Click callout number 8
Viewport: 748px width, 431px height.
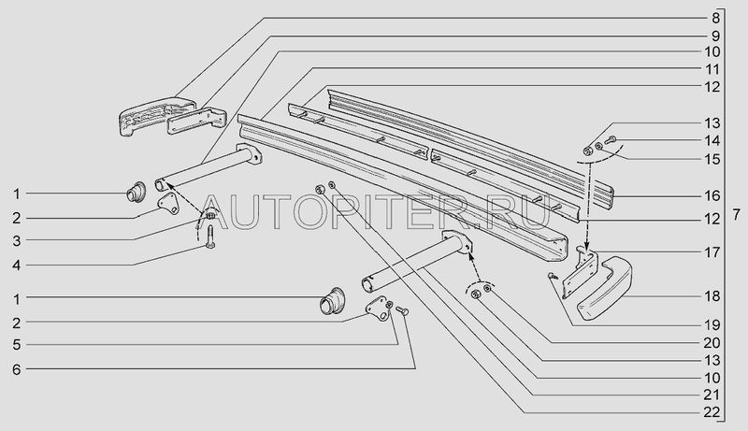[714, 18]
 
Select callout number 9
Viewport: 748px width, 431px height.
[714, 35]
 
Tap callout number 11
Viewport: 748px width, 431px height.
[714, 68]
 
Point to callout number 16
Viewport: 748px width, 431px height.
[714, 196]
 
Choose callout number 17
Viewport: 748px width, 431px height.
[714, 251]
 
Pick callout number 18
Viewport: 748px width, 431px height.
[714, 296]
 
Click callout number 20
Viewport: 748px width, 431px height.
[714, 341]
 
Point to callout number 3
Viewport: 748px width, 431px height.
[16, 240]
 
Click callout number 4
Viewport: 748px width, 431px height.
[16, 265]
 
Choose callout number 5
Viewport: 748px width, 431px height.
[16, 342]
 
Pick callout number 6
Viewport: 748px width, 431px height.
[16, 368]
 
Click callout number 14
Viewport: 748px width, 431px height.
[714, 141]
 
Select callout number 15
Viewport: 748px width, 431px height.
[714, 158]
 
